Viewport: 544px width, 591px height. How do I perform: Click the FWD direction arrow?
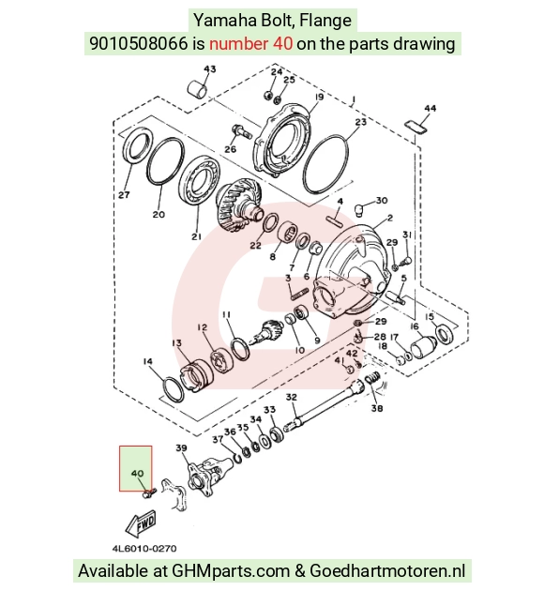(x=140, y=523)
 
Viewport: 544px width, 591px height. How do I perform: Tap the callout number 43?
(x=210, y=69)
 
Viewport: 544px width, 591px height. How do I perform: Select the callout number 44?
(x=430, y=108)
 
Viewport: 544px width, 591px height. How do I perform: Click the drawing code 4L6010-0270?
(x=144, y=549)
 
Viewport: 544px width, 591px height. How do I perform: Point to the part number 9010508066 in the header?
(x=138, y=43)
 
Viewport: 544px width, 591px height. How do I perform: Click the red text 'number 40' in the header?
(x=251, y=43)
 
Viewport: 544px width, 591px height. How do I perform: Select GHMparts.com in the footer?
(x=231, y=570)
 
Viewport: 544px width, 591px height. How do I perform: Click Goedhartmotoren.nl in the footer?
(x=387, y=570)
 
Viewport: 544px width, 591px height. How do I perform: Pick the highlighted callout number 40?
(x=138, y=473)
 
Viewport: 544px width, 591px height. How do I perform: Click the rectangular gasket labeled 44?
(x=416, y=127)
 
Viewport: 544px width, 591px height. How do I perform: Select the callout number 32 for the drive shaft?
(x=291, y=397)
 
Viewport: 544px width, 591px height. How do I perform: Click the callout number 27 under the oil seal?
(x=124, y=195)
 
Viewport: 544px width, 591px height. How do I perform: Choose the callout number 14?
(x=147, y=362)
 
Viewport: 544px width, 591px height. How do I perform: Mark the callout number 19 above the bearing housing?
(x=319, y=97)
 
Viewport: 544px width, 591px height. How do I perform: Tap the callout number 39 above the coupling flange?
(x=181, y=448)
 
